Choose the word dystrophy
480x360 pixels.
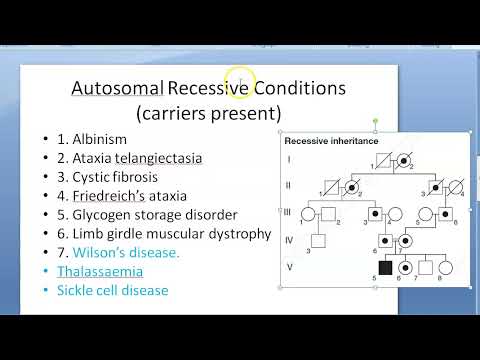click(x=237, y=233)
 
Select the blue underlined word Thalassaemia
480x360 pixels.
click(x=100, y=271)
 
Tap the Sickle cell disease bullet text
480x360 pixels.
click(x=112, y=290)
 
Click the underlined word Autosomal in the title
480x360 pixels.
click(x=117, y=88)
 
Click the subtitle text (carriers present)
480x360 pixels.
click(x=209, y=112)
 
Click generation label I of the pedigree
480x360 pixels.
click(x=290, y=158)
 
